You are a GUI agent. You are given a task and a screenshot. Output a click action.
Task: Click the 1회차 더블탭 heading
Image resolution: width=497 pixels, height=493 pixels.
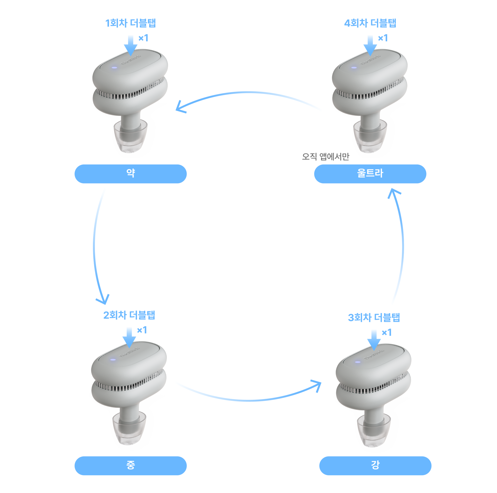pos(130,23)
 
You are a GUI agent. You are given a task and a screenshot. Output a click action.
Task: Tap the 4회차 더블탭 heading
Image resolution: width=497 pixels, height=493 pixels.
pos(370,23)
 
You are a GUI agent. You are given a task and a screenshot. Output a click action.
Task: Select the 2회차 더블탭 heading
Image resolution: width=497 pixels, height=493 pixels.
pos(129,315)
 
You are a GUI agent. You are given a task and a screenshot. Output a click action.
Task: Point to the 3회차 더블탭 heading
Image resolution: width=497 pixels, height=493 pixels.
pos(374,318)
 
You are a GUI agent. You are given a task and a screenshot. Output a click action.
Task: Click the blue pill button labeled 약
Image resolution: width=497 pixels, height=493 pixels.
pos(130,174)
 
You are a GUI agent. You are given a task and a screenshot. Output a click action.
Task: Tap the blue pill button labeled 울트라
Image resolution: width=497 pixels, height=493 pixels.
pos(370,174)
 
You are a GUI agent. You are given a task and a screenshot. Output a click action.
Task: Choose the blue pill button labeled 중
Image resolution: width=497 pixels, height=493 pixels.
pos(130,466)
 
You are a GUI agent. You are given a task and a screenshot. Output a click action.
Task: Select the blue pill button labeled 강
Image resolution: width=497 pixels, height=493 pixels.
pos(375,466)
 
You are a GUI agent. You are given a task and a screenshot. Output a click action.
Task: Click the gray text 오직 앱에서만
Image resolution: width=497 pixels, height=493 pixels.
pos(326,156)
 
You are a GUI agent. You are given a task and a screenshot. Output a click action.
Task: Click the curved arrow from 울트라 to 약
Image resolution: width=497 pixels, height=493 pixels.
pos(248,93)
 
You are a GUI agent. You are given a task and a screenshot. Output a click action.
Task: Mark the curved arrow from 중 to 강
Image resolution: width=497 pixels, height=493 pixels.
pos(248,400)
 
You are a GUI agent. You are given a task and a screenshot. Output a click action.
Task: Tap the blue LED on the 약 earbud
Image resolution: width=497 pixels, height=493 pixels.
pos(114,68)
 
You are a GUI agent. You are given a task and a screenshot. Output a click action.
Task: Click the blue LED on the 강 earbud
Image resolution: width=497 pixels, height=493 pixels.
pos(357,362)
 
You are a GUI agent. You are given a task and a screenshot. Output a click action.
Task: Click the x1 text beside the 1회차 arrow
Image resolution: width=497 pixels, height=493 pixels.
pos(143,38)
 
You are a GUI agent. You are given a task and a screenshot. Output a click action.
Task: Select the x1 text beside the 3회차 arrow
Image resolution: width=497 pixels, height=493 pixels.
pos(386,333)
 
